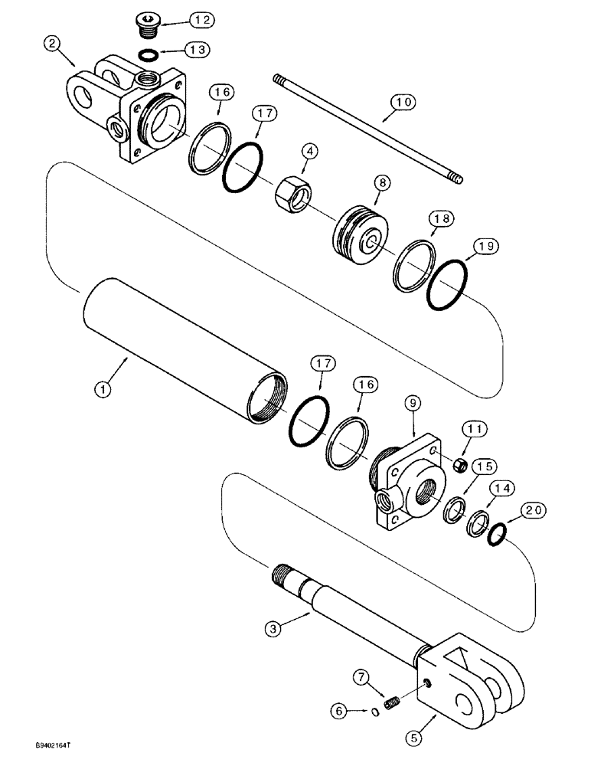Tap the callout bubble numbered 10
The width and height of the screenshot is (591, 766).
(403, 101)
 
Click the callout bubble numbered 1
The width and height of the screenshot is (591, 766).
(102, 388)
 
